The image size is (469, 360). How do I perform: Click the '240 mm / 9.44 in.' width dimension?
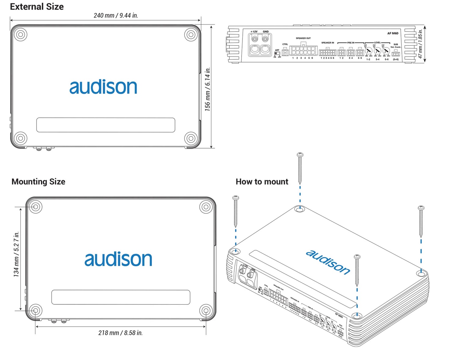click(116, 16)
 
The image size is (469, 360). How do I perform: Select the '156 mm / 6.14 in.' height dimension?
click(208, 89)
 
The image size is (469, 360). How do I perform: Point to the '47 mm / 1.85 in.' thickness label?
click(420, 44)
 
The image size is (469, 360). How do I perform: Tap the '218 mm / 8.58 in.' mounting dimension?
click(120, 333)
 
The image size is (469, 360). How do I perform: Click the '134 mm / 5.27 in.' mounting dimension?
click(16, 254)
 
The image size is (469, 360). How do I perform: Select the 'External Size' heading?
click(37, 7)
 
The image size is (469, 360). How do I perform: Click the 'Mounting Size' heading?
click(38, 182)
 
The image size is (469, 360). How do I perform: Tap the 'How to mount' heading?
click(262, 182)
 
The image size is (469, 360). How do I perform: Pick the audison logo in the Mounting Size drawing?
click(118, 259)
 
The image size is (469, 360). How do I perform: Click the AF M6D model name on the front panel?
click(393, 33)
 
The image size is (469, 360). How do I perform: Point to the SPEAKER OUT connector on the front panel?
click(303, 50)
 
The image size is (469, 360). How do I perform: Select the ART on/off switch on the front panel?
click(277, 53)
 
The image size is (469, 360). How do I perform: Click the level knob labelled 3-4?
click(377, 51)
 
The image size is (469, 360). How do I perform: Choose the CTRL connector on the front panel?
click(285, 52)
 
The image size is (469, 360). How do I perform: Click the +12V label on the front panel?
click(254, 31)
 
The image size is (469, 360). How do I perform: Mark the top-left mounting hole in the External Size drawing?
click(20, 34)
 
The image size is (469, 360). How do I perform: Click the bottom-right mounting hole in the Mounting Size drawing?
click(206, 311)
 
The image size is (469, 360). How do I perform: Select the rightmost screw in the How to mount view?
click(421, 222)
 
